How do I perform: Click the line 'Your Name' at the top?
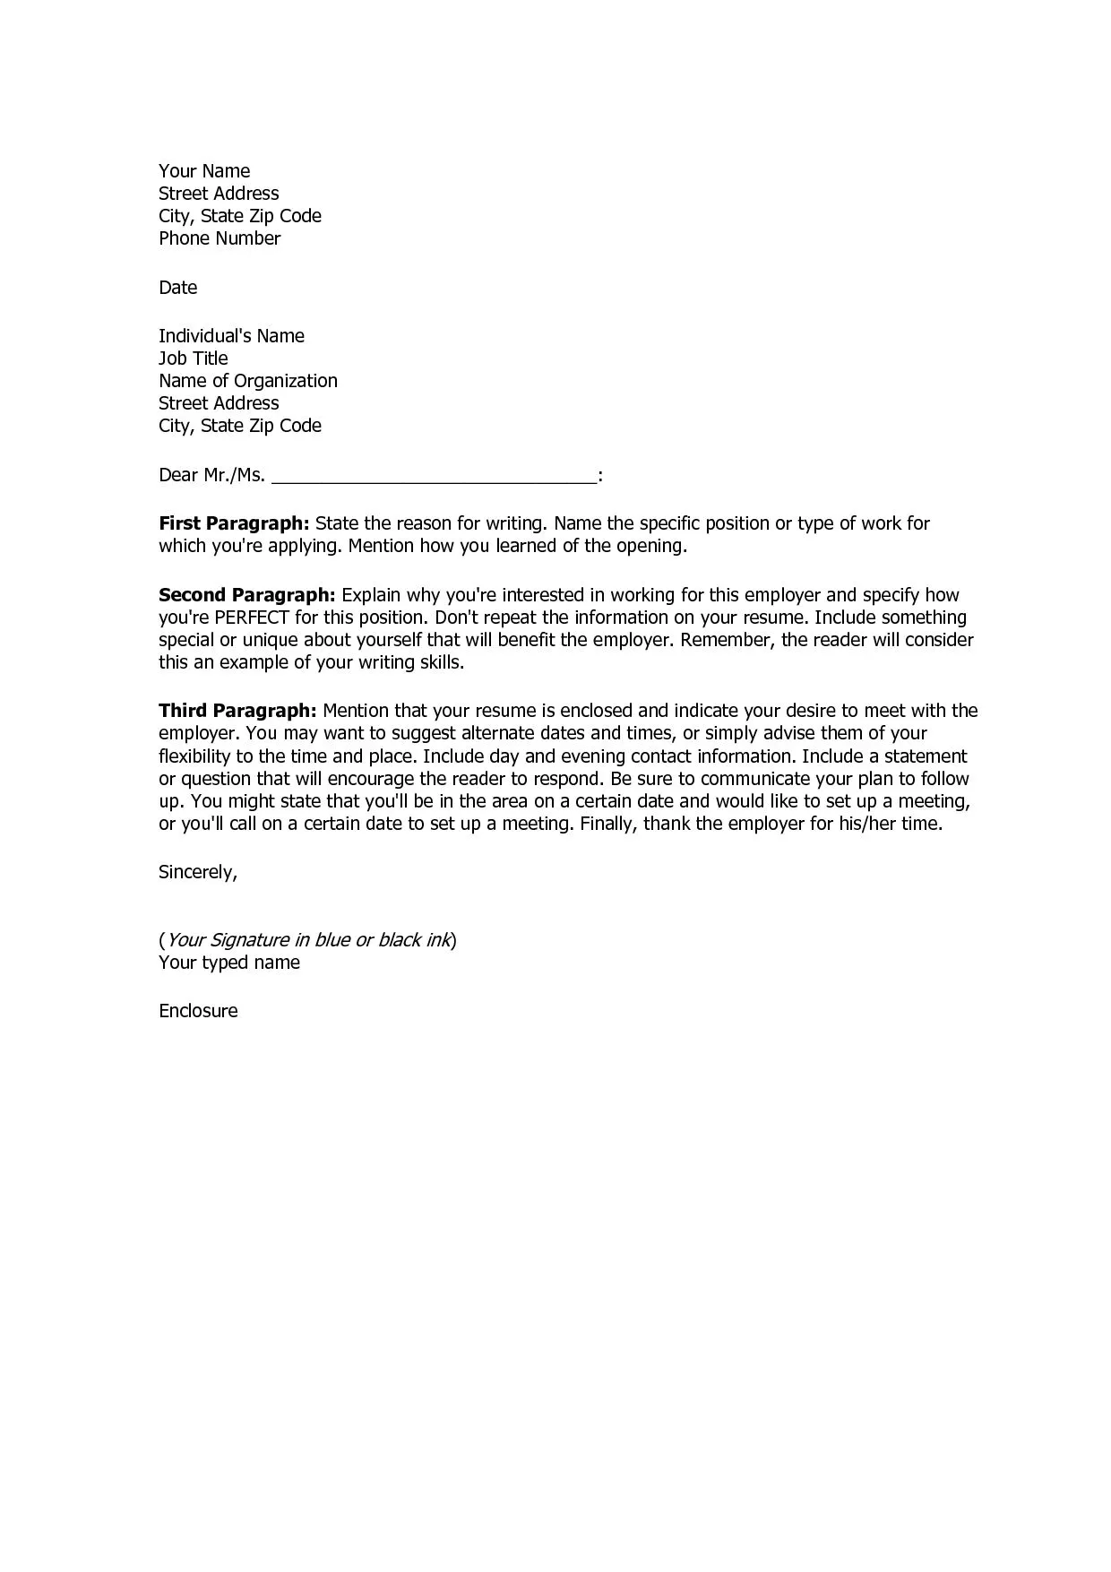pos(204,171)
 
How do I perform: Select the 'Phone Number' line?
pos(220,238)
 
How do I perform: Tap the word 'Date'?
pos(177,288)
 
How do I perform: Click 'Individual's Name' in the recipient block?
pos(231,336)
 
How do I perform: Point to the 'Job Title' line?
pos(193,358)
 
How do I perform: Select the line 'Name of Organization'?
pos(248,381)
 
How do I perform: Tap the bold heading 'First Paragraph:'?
pos(234,523)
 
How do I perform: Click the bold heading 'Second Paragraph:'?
pos(247,595)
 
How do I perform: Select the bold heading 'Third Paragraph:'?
pos(237,712)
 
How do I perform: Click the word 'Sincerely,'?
pos(198,872)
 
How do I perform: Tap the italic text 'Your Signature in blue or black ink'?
pos(308,940)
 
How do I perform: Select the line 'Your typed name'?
pos(229,963)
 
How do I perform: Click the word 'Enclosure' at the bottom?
pos(198,1011)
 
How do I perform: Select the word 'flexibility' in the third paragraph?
pos(194,756)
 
